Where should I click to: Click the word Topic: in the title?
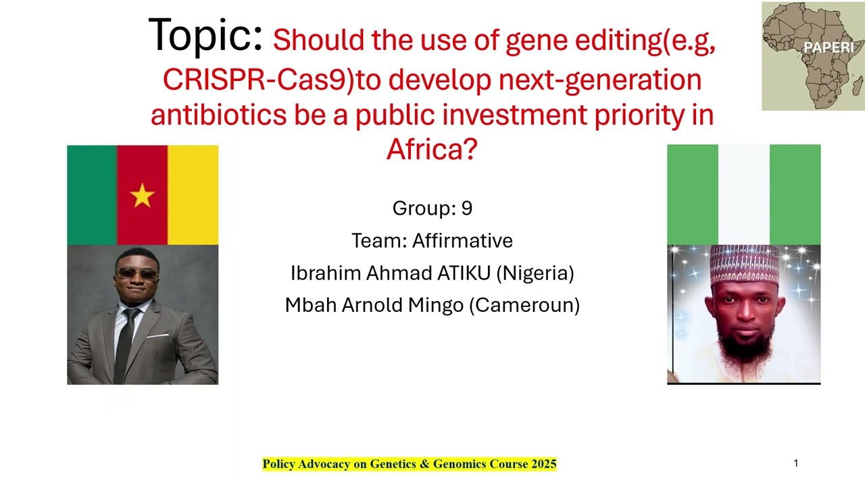205,35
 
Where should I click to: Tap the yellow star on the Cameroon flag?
143,196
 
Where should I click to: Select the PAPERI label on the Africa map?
829,48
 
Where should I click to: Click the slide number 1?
795,463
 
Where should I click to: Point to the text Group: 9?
432,208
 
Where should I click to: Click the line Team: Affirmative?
432,240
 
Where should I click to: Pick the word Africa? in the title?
432,148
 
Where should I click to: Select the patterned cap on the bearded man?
743,265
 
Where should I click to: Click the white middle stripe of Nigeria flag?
743,194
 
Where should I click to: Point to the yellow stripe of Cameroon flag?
193,194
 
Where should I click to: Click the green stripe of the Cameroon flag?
92,194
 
